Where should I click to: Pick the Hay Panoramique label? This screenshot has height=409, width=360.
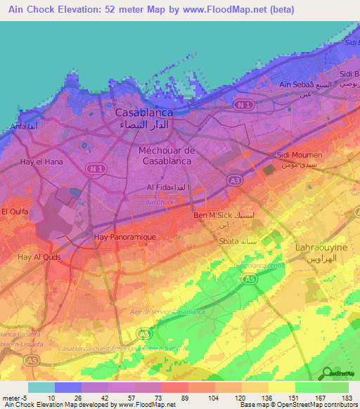click(x=124, y=238)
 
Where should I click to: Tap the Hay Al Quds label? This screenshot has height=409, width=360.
click(x=39, y=257)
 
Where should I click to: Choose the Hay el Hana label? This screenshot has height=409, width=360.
click(x=37, y=162)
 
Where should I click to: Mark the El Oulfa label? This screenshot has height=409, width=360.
click(x=14, y=211)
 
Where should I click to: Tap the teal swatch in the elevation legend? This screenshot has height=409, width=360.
click(x=41, y=387)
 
